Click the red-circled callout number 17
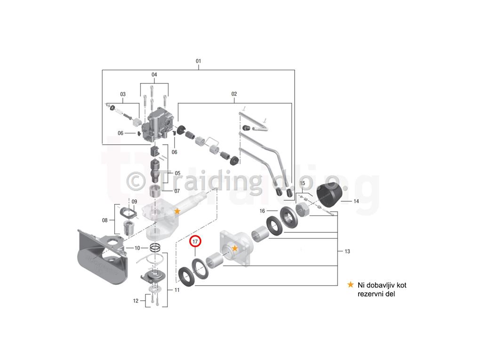[195, 242]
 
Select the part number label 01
[198, 61]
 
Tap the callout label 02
[234, 94]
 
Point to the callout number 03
[123, 94]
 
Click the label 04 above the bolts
[154, 74]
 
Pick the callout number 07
[177, 191]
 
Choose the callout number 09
[134, 202]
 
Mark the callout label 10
[137, 248]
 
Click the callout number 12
[136, 301]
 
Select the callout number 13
[347, 251]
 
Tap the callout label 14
[356, 201]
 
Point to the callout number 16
[262, 211]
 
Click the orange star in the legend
[350, 285]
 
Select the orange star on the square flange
[234, 248]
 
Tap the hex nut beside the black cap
[303, 210]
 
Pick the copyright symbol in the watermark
[136, 181]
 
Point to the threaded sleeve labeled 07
[155, 193]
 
